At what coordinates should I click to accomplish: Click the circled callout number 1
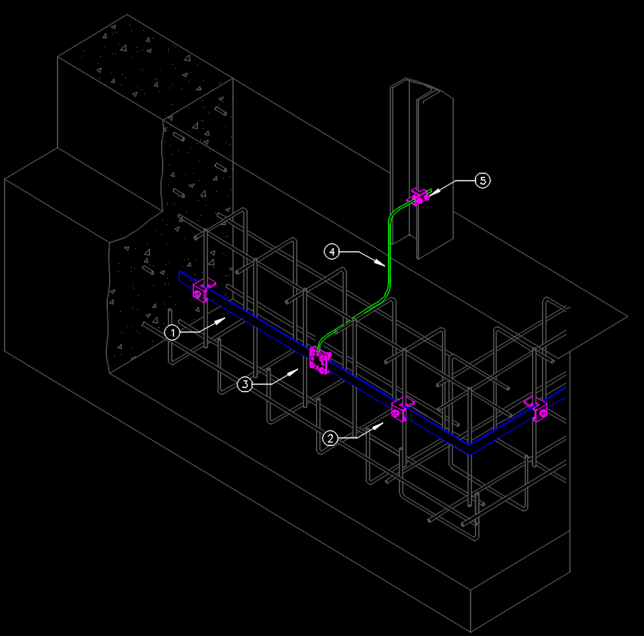(x=172, y=332)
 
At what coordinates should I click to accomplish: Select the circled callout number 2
(x=330, y=438)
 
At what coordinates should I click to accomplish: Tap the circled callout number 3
(x=245, y=384)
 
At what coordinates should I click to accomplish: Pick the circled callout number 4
(x=332, y=251)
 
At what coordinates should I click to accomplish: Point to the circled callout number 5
(x=483, y=180)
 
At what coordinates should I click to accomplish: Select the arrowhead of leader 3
(x=297, y=370)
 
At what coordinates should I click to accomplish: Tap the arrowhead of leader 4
(x=384, y=265)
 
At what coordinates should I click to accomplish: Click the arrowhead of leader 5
(x=430, y=194)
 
